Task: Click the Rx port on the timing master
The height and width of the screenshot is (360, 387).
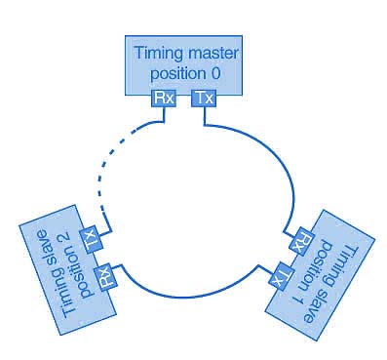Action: pyautogui.click(x=164, y=98)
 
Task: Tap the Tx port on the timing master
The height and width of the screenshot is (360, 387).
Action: pyautogui.click(x=204, y=98)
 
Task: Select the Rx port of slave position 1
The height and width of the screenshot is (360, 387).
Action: pyautogui.click(x=301, y=241)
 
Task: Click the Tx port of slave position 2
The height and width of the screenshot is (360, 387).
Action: pyautogui.click(x=92, y=240)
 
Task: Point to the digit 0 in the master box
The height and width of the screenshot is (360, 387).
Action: pyautogui.click(x=215, y=73)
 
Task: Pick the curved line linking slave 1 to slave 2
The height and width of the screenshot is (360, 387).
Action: pyautogui.click(x=188, y=294)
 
